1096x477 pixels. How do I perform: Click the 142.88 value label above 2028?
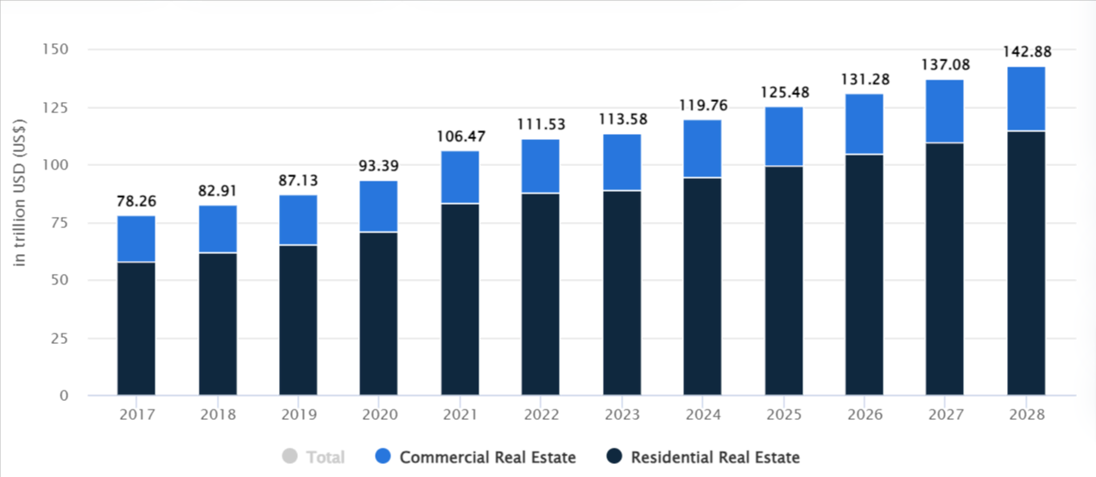(x=1026, y=52)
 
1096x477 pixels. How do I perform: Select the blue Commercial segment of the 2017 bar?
(x=136, y=238)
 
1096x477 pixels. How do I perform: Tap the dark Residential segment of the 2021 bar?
(x=459, y=299)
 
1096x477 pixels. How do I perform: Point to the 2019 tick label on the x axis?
(x=298, y=415)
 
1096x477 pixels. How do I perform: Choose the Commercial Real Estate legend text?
(x=487, y=457)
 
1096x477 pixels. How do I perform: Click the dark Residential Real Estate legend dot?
(x=615, y=457)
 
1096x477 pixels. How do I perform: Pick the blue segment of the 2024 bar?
(x=702, y=149)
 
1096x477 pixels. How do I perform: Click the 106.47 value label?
(x=459, y=136)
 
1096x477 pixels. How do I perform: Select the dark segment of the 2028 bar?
(x=1026, y=263)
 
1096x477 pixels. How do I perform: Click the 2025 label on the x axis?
(x=783, y=415)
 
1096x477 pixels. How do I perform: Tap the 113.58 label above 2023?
(x=622, y=119)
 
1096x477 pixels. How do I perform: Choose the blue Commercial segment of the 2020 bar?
(x=378, y=207)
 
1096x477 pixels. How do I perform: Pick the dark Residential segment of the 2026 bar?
(x=865, y=275)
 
